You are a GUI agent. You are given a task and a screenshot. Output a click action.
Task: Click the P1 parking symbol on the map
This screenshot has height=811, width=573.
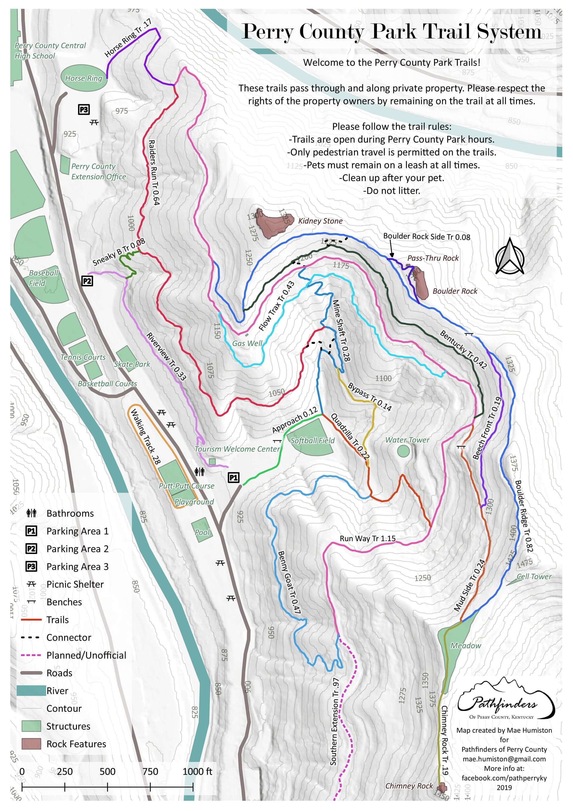[233, 478]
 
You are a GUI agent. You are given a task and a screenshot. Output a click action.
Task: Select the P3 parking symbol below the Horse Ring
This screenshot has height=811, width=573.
[84, 110]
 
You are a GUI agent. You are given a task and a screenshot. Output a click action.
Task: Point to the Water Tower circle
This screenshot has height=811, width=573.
[403, 451]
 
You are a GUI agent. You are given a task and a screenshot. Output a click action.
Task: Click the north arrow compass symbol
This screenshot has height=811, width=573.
[509, 257]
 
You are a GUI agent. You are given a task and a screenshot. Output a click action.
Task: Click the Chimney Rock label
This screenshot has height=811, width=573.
[409, 786]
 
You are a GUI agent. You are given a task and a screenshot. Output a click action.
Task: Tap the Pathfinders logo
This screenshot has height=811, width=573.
[505, 699]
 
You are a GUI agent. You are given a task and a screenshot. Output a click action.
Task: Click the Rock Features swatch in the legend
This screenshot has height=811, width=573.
[31, 744]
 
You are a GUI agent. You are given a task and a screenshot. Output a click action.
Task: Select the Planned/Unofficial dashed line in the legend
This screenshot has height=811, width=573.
[31, 655]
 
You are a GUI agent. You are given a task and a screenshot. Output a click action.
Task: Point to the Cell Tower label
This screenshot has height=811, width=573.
[533, 576]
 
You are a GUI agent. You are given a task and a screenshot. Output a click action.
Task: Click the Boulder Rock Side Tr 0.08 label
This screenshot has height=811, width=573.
[426, 237]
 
